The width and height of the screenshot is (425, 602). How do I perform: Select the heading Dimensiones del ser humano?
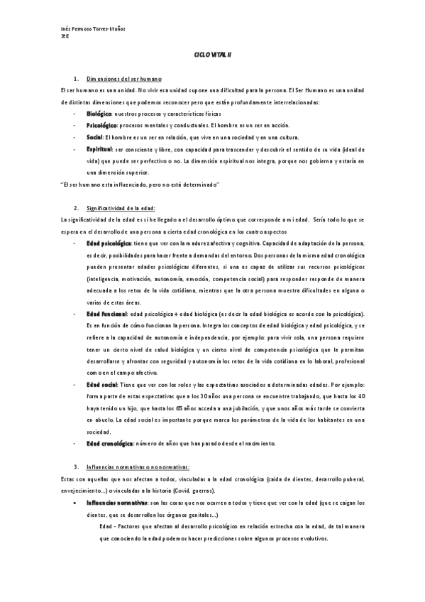click(x=124, y=77)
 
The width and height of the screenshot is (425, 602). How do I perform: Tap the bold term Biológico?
click(x=99, y=114)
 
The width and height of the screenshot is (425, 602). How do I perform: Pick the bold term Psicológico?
click(x=102, y=125)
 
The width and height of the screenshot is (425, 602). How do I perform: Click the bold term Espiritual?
click(x=99, y=149)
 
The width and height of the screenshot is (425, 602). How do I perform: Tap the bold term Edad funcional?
click(x=106, y=314)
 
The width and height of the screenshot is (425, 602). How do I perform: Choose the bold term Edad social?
click(x=102, y=384)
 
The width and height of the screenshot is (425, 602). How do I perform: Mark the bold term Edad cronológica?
click(x=109, y=443)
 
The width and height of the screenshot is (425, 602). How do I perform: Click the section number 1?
click(x=76, y=77)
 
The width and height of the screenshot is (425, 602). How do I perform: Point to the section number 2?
click(x=76, y=208)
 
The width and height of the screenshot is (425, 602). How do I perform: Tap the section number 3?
click(x=76, y=466)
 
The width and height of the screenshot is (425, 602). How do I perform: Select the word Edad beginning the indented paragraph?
click(x=108, y=526)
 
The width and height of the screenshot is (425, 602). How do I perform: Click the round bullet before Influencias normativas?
click(x=77, y=503)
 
